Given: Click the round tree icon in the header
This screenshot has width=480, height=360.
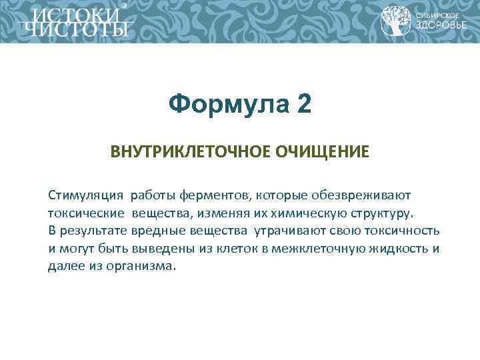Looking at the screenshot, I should click(x=396, y=21).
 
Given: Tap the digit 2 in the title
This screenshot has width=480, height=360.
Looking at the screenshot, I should click(x=303, y=104).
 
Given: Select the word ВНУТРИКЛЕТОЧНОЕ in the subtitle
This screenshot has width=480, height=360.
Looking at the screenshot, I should click(x=189, y=152).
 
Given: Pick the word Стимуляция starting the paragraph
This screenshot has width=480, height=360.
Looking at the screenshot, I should click(x=85, y=196).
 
